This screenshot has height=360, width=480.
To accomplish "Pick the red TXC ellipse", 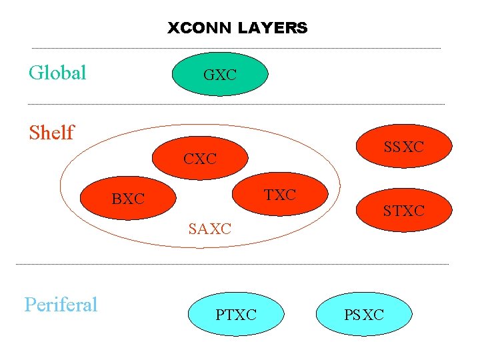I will (280, 195).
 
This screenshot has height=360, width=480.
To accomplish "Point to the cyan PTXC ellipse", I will (236, 314).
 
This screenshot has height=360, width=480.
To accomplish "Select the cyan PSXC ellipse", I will (363, 314).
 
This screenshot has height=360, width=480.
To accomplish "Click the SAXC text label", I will (209, 229).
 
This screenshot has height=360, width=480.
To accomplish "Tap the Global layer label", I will (57, 73).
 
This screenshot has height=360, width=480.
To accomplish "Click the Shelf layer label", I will (51, 133).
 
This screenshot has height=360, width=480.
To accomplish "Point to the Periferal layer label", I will (61, 305).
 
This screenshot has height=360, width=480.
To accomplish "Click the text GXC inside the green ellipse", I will (220, 75).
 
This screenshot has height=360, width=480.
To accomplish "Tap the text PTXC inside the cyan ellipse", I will (236, 315).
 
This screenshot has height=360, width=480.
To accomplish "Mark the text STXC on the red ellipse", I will (403, 212).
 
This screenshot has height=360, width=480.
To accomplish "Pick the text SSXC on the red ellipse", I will (403, 147).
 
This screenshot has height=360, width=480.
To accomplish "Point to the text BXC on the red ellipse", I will (128, 199).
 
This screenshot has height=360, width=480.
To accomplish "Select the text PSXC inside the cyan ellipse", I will (364, 315).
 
